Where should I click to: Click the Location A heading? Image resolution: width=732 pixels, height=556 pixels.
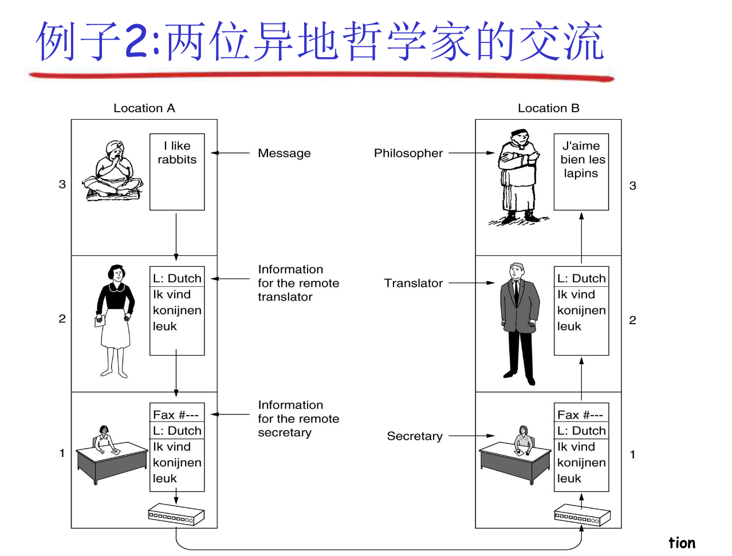(x=144, y=108)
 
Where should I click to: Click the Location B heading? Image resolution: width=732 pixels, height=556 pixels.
(x=548, y=108)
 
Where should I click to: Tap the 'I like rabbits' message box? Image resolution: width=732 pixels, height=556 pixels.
(x=177, y=171)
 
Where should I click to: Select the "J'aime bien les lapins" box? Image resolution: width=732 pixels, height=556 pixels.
(x=581, y=171)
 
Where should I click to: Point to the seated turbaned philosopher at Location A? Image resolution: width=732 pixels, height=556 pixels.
(x=113, y=171)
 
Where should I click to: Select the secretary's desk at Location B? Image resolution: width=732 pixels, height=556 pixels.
(x=514, y=463)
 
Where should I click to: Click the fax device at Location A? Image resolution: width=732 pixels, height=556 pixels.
(x=176, y=515)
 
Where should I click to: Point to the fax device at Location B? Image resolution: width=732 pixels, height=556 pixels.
(x=582, y=515)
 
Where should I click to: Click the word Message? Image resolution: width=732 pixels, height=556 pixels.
(x=284, y=153)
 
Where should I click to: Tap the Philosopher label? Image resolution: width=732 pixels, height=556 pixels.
(x=408, y=153)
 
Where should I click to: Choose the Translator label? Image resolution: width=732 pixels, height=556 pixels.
(x=413, y=283)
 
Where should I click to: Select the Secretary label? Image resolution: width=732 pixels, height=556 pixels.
(x=415, y=436)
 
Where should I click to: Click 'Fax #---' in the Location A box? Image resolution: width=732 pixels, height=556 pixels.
(x=176, y=415)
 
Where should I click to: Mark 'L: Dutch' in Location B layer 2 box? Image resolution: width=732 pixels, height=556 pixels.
(x=581, y=279)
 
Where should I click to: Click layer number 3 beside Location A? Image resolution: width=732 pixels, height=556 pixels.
(x=62, y=184)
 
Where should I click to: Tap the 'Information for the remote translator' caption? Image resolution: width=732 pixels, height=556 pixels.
(x=298, y=283)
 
